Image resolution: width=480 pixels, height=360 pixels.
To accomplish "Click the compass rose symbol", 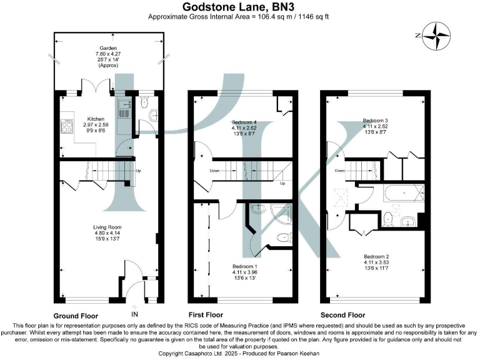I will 436,36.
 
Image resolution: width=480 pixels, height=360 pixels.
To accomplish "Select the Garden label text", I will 108,47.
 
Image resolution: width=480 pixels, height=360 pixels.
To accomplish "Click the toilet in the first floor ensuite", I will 284,237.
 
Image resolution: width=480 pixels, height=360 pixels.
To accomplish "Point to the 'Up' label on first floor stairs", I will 282,183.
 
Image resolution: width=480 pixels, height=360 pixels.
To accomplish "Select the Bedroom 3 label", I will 376,121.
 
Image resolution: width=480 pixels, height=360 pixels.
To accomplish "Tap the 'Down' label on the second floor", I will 339,170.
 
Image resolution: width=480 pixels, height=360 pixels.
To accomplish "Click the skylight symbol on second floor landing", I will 341,194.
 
